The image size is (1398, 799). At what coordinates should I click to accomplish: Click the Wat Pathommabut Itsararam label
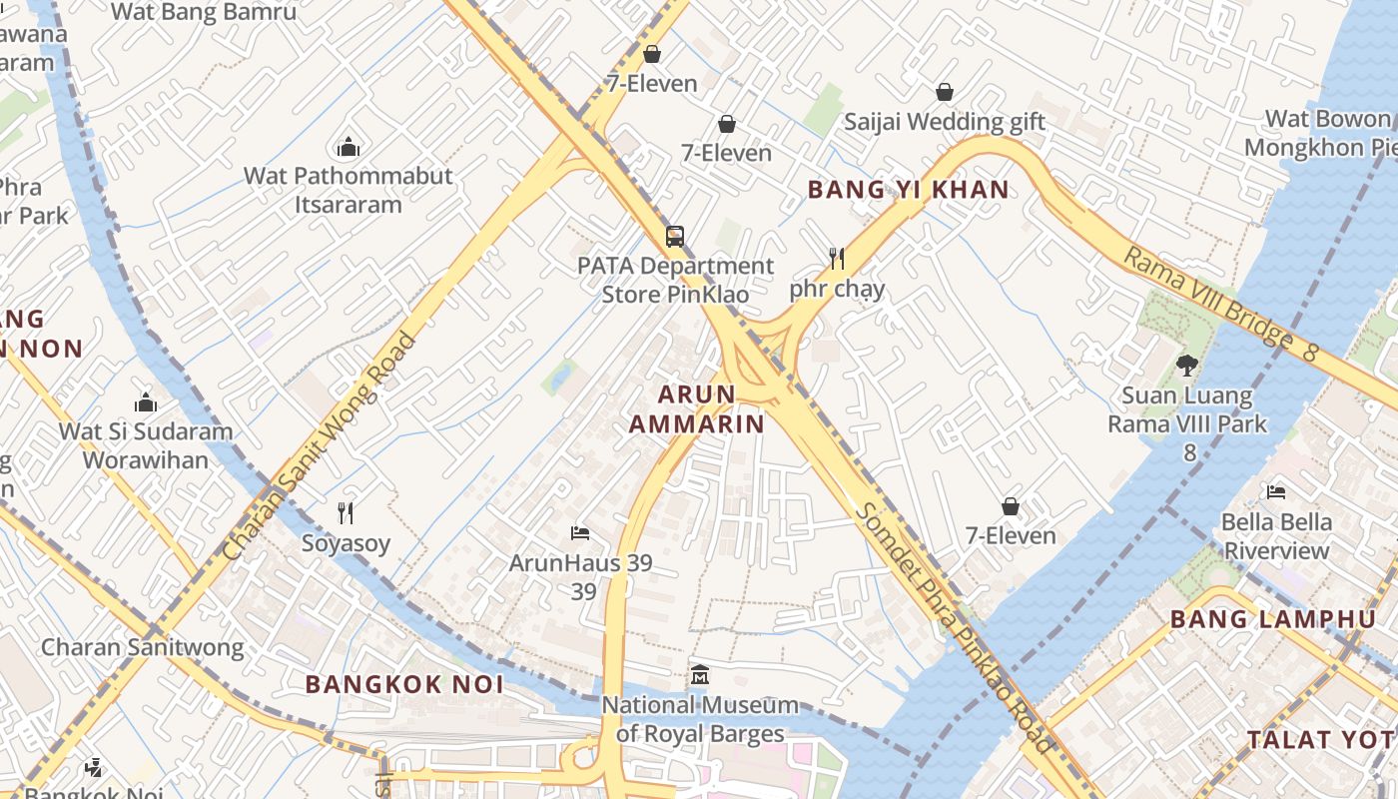coord(349,190)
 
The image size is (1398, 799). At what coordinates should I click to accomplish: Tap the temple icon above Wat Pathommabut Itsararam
coord(349,148)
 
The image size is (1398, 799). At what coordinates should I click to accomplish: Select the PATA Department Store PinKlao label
coord(675,280)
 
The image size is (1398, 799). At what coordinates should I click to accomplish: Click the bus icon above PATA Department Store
coord(675,237)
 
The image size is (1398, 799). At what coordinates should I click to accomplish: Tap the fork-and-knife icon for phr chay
coord(837,260)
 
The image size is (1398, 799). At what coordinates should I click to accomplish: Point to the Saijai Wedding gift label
coord(944,122)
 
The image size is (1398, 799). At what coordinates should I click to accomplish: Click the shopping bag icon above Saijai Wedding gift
coord(944,93)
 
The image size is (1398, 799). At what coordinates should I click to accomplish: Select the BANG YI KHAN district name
coord(908,189)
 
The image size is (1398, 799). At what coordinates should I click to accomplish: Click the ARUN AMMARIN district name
coord(696,408)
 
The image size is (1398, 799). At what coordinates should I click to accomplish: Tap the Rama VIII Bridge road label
coord(1221,303)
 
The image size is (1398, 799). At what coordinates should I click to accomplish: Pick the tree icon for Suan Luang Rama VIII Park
coord(1186,366)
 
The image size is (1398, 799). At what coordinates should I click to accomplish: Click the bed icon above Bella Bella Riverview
coord(1275,491)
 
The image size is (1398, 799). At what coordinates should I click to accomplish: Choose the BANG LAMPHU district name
coord(1272,619)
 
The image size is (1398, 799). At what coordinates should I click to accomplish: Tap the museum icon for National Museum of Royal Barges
coord(699,675)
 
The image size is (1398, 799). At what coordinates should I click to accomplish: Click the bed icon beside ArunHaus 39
coord(579,532)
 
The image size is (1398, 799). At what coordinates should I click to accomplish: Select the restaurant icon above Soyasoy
coord(346,513)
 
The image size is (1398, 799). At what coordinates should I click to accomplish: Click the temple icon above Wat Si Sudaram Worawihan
coord(146,402)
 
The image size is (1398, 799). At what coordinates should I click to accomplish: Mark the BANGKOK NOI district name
coord(404,684)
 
